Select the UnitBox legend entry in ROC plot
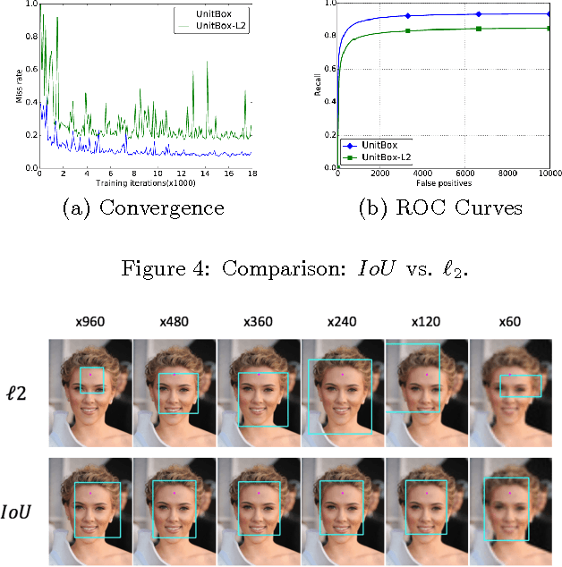(376, 144)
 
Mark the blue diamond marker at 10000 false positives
(548, 13)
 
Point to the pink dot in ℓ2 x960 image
(90, 374)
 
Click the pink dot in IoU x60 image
(510, 492)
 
